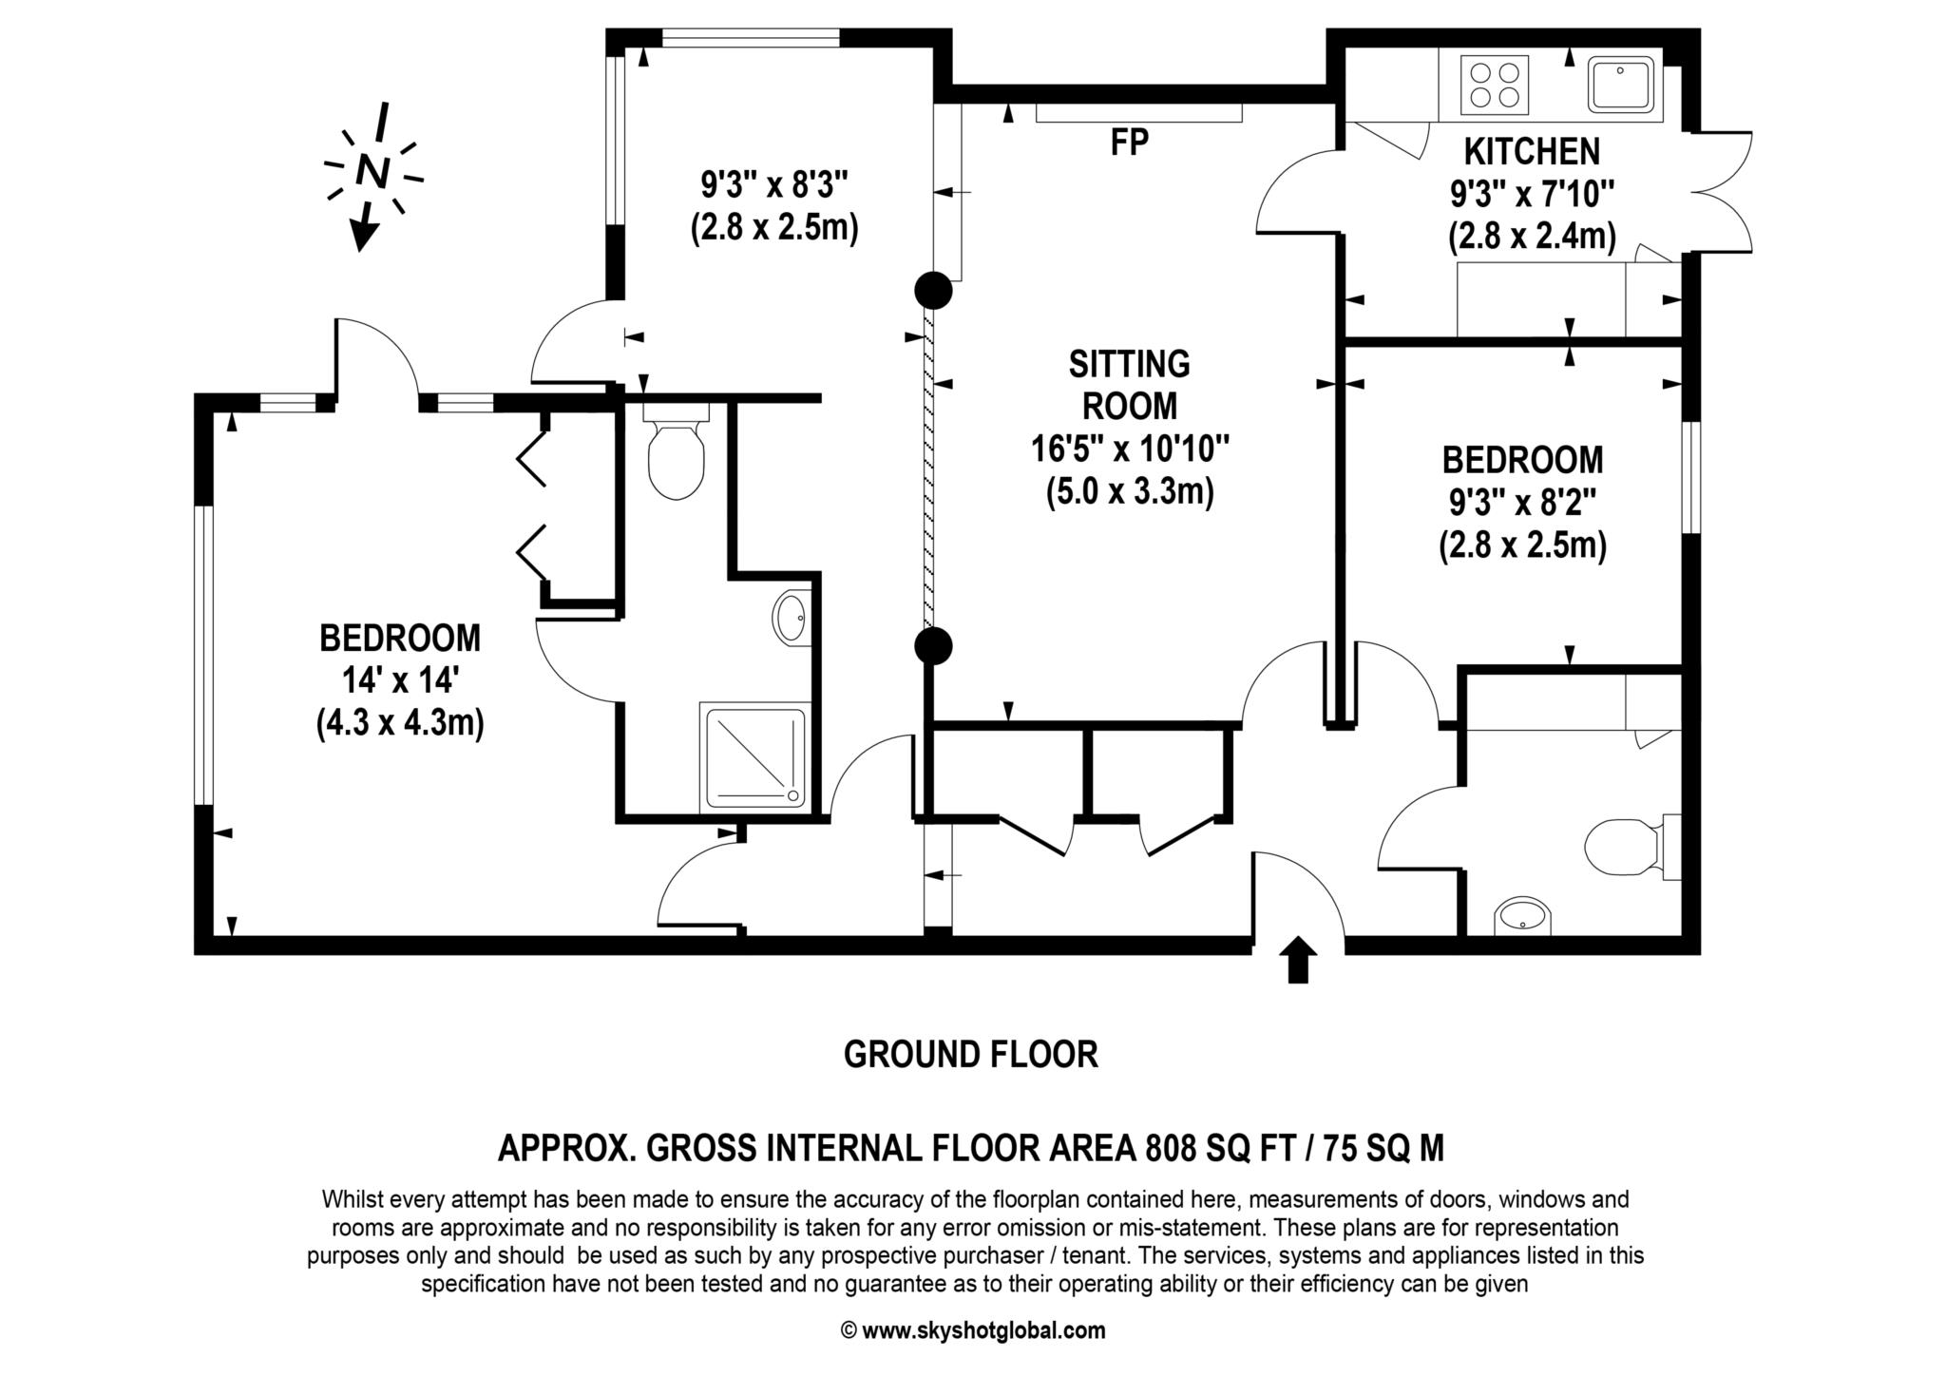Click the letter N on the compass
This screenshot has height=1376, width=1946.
[372, 171]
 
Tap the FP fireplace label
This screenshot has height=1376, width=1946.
[1129, 143]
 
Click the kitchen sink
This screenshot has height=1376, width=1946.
[1623, 84]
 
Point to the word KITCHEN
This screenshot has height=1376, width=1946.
[1531, 152]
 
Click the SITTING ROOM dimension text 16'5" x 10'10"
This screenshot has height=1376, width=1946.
[1130, 448]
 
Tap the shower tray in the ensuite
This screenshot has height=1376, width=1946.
[754, 756]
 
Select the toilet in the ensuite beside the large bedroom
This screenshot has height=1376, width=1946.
[676, 459]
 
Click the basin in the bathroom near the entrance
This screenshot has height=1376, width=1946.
[1522, 918]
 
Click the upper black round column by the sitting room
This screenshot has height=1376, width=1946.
[933, 291]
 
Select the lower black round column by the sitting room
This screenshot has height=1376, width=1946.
[933, 646]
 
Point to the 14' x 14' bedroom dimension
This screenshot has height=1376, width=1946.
[400, 680]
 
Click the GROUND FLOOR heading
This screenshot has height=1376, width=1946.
[970, 1055]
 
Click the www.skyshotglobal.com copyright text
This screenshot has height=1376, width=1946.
[983, 1330]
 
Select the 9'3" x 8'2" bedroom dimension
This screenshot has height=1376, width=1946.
[1522, 503]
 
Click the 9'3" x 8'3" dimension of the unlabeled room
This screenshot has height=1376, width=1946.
[773, 185]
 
